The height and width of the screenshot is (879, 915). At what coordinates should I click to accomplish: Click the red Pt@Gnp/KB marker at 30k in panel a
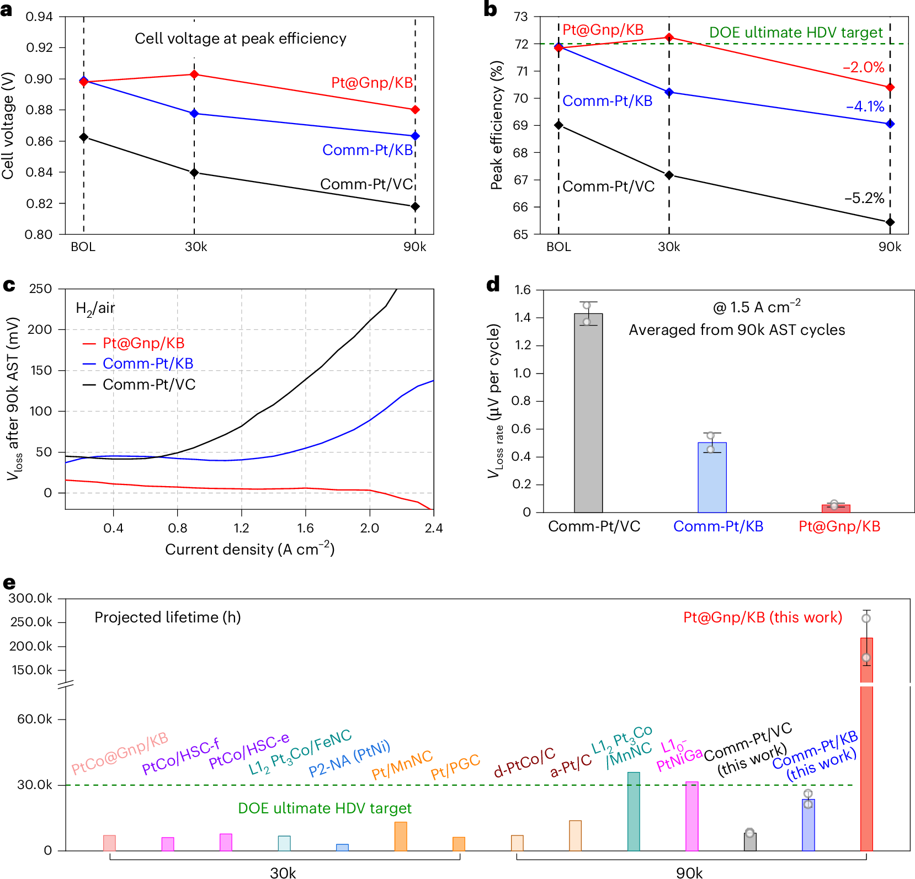click(x=194, y=74)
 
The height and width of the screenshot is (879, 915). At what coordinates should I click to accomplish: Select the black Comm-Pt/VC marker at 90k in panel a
click(x=415, y=207)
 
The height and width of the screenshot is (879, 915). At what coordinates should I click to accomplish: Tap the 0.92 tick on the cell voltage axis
click(x=40, y=47)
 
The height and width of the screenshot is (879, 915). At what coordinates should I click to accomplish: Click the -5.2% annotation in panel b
click(x=864, y=198)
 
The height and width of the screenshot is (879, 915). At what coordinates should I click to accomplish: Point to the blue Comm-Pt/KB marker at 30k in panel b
click(x=669, y=92)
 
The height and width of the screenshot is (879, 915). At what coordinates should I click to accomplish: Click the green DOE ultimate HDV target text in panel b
click(x=796, y=33)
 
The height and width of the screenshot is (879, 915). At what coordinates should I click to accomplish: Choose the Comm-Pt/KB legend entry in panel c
click(x=148, y=364)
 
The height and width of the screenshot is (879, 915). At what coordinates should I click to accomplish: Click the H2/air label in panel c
click(x=95, y=308)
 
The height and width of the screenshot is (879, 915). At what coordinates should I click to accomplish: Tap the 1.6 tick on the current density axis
click(x=305, y=528)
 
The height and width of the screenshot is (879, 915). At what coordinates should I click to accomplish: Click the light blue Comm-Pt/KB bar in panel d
click(x=712, y=477)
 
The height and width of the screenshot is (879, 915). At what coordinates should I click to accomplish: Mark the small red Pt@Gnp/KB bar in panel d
click(x=836, y=508)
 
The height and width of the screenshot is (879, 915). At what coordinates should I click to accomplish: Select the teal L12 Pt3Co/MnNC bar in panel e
click(x=634, y=811)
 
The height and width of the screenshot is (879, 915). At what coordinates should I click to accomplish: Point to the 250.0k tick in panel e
click(x=31, y=622)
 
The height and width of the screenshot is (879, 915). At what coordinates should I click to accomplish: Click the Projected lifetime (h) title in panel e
click(x=168, y=617)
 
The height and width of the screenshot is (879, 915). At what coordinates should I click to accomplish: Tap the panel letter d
click(x=493, y=285)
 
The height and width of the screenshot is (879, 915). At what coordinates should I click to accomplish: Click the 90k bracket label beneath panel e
click(x=689, y=872)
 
